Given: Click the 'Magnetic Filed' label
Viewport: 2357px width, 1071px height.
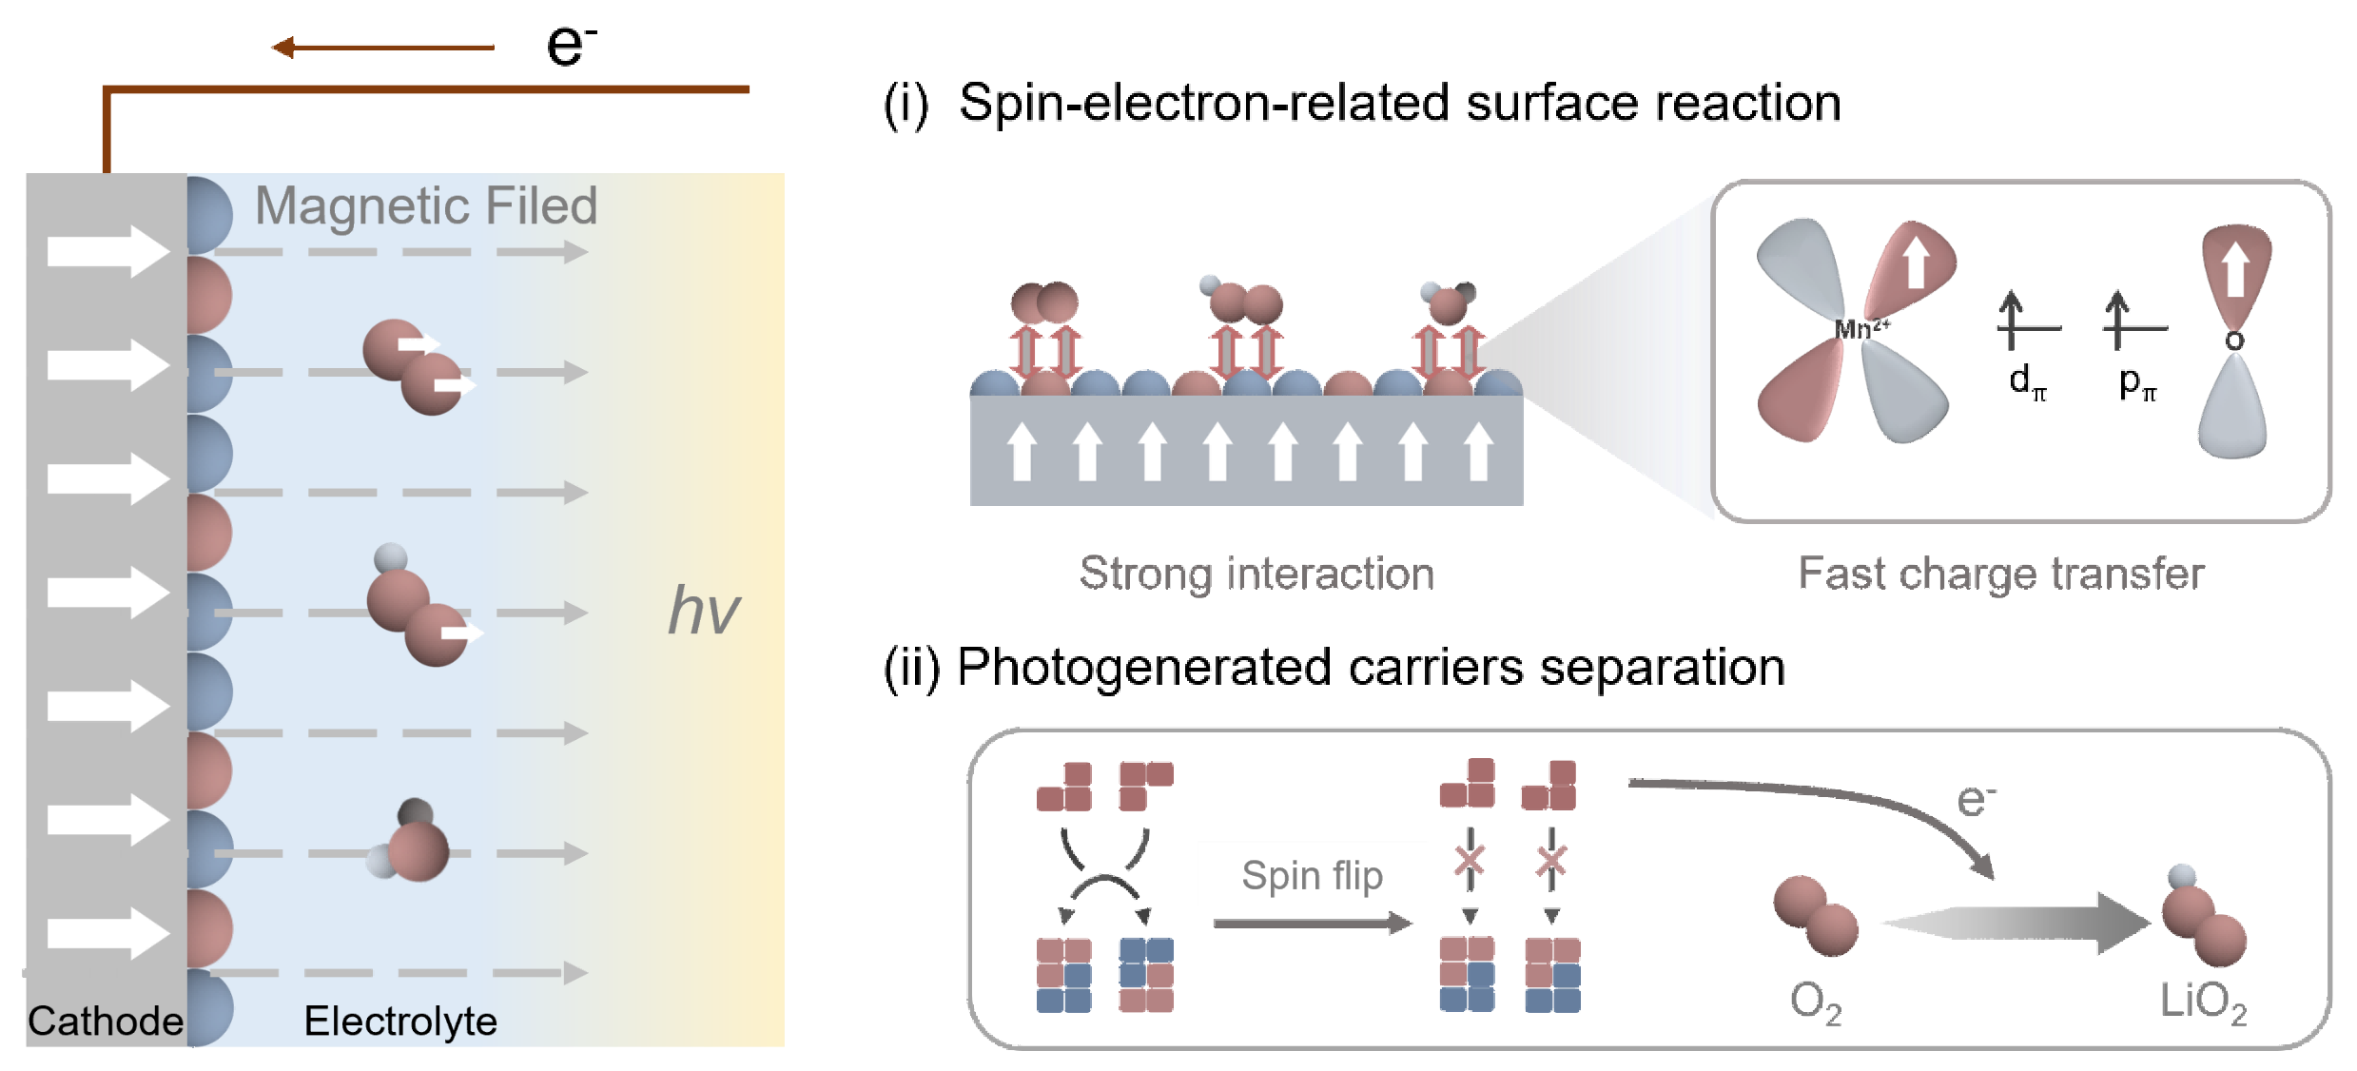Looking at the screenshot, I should click(426, 206).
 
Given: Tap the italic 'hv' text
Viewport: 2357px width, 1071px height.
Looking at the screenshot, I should click(703, 610).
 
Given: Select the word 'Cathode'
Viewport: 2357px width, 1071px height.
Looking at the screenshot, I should click(105, 1022).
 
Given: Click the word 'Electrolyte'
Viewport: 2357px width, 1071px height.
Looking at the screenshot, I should click(400, 1022).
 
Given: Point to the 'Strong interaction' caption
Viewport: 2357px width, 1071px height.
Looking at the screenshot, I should click(1256, 574).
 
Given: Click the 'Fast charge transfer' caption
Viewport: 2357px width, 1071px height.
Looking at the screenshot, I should click(2001, 574).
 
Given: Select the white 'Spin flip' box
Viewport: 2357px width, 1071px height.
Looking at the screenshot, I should click(1313, 874).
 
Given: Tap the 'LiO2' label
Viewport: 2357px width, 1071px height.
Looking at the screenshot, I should click(2203, 1002).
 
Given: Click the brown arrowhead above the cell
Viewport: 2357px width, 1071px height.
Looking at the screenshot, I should click(282, 47).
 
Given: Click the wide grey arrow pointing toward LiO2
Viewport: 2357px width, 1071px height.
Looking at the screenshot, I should click(2016, 923).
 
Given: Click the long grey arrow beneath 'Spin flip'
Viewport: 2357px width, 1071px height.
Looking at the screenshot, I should click(1313, 923).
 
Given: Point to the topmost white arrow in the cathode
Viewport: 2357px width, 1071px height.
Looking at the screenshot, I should click(108, 252).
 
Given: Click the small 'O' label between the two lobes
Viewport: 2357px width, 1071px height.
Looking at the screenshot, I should click(2234, 341).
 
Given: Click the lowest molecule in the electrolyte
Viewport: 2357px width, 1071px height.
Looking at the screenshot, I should click(415, 845).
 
